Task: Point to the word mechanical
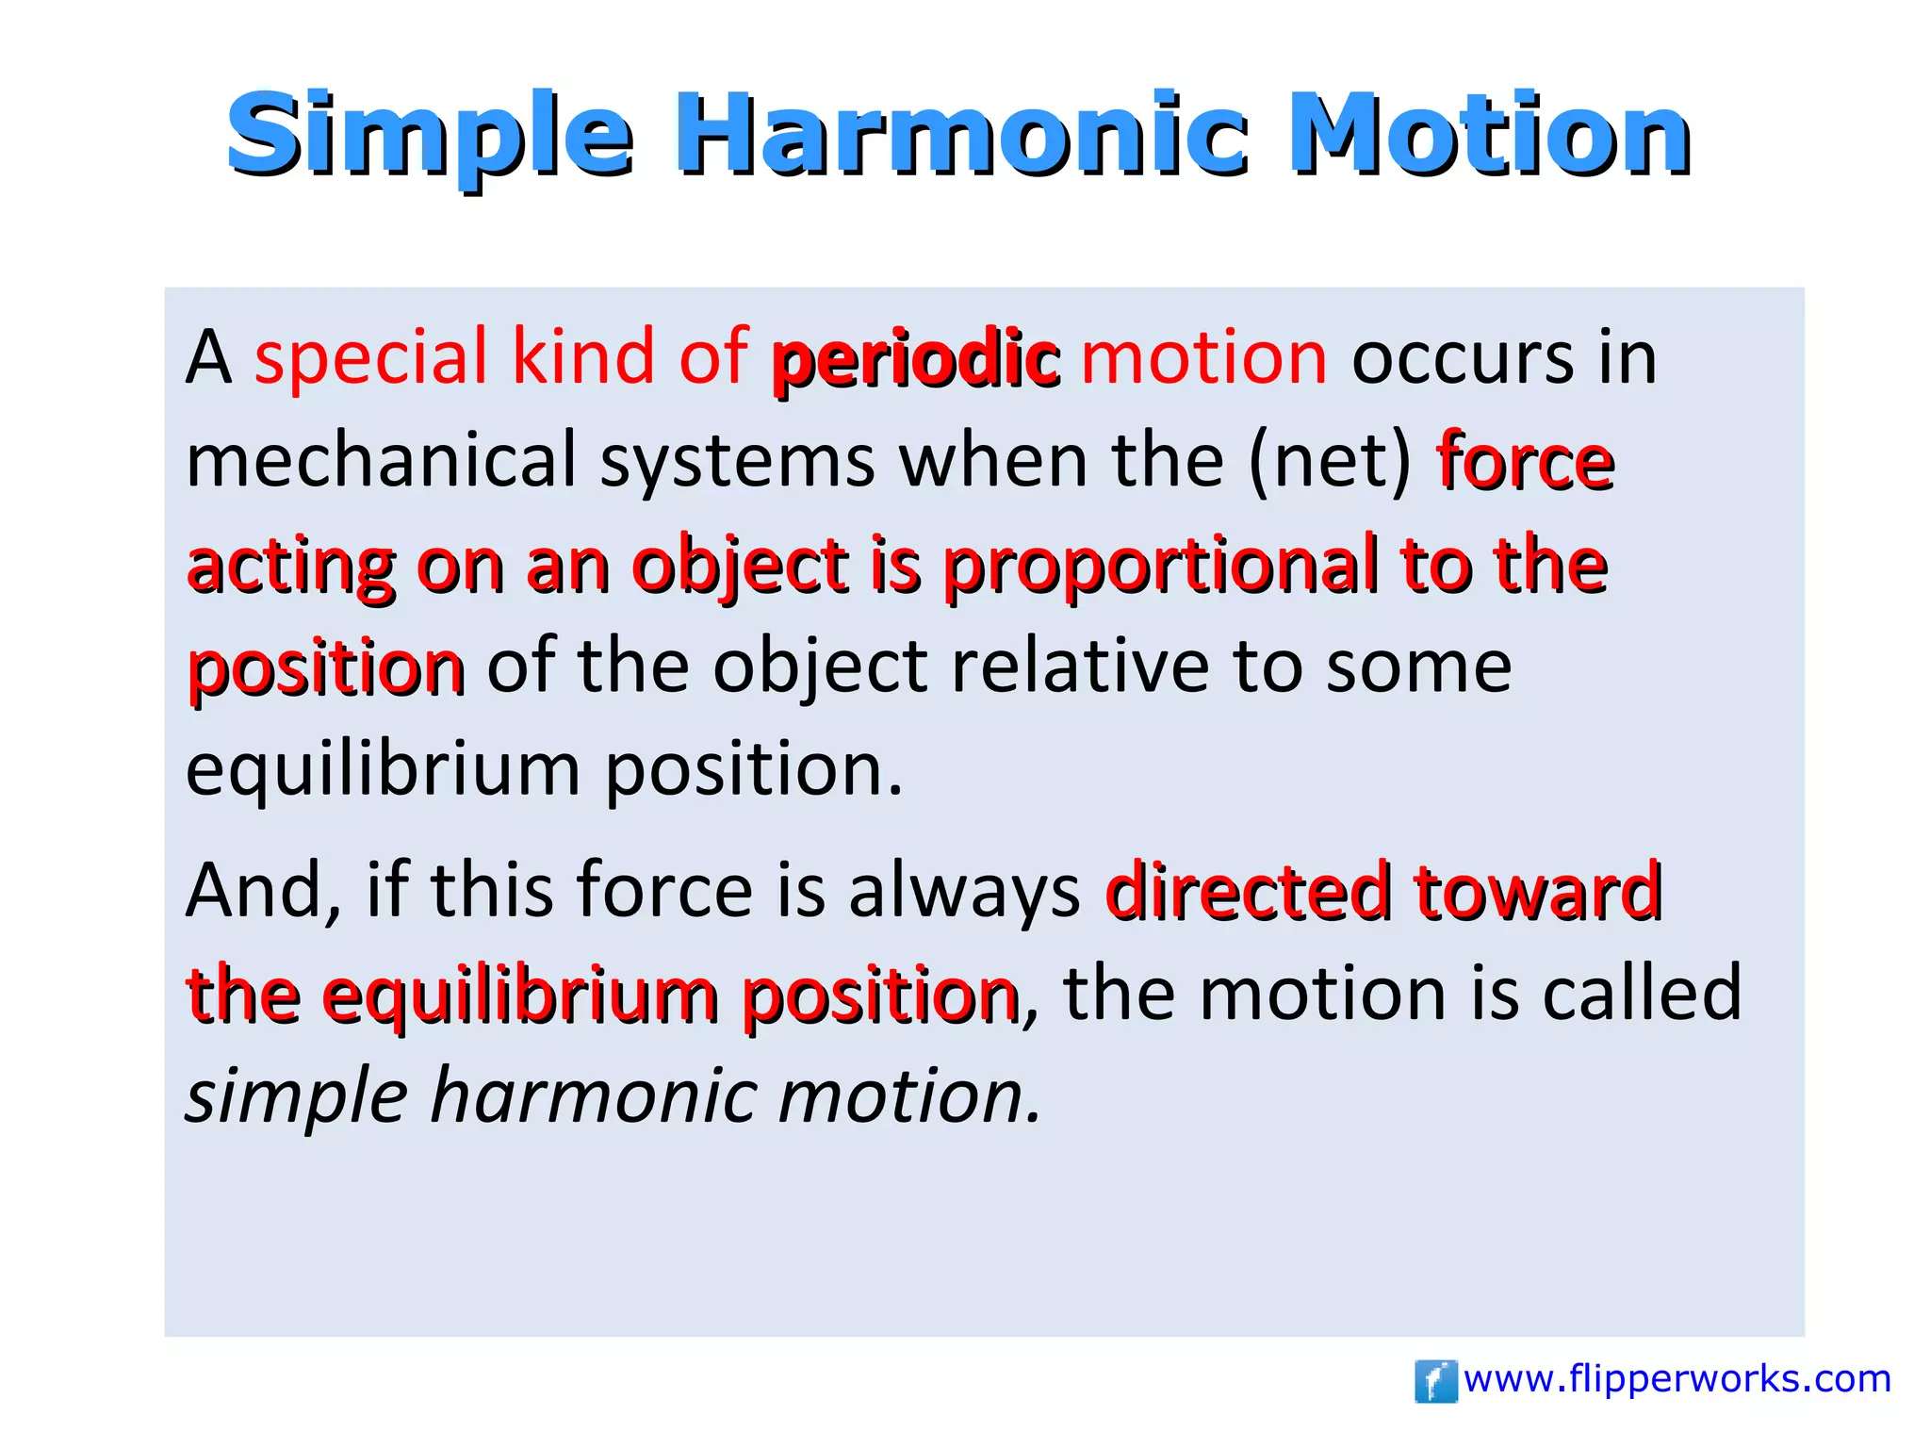381,460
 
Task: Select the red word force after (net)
1525,462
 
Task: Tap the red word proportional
1160,566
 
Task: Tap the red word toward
1538,891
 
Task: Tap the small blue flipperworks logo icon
1435,1381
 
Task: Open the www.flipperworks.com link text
1677,1379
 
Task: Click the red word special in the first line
370,359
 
